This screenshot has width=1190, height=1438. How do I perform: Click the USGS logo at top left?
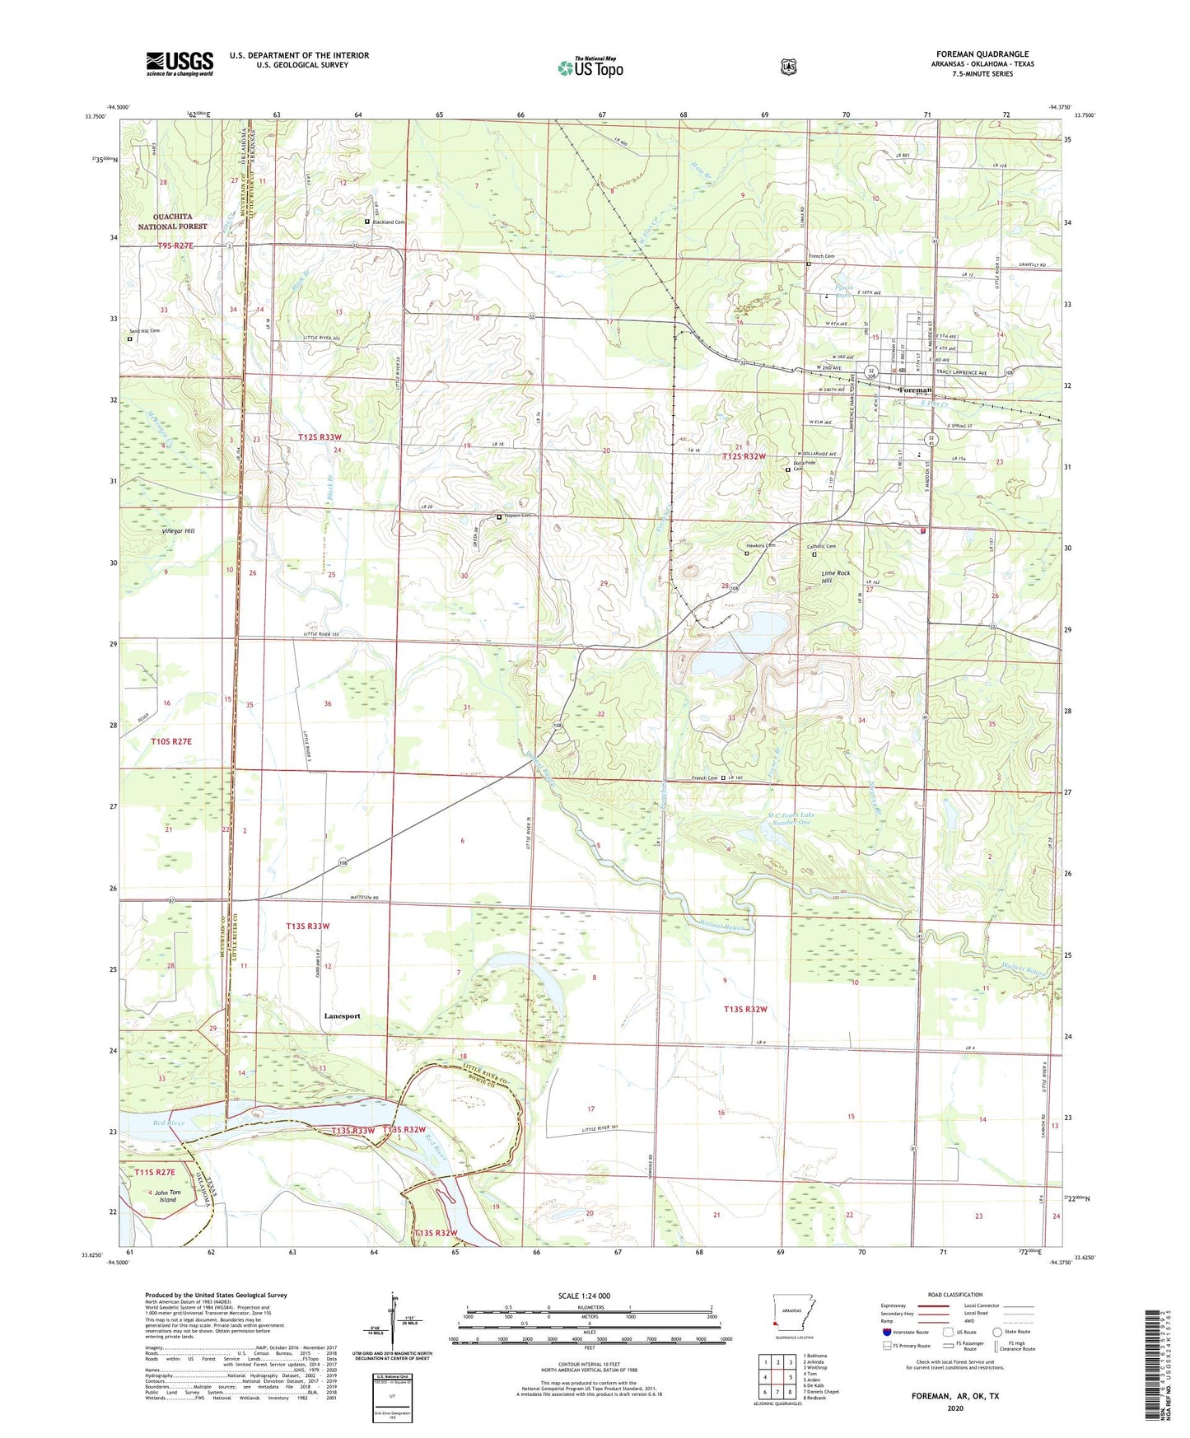click(180, 63)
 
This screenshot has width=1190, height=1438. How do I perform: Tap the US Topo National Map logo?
click(590, 67)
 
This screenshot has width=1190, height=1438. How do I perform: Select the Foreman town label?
click(915, 390)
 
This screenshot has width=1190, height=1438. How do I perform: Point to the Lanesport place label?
click(341, 1016)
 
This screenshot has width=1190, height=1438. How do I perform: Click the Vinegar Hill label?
click(175, 531)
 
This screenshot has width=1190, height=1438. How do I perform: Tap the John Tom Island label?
click(167, 1196)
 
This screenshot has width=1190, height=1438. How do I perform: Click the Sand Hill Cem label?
click(144, 331)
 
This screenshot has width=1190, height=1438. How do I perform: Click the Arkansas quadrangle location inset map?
click(796, 1321)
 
